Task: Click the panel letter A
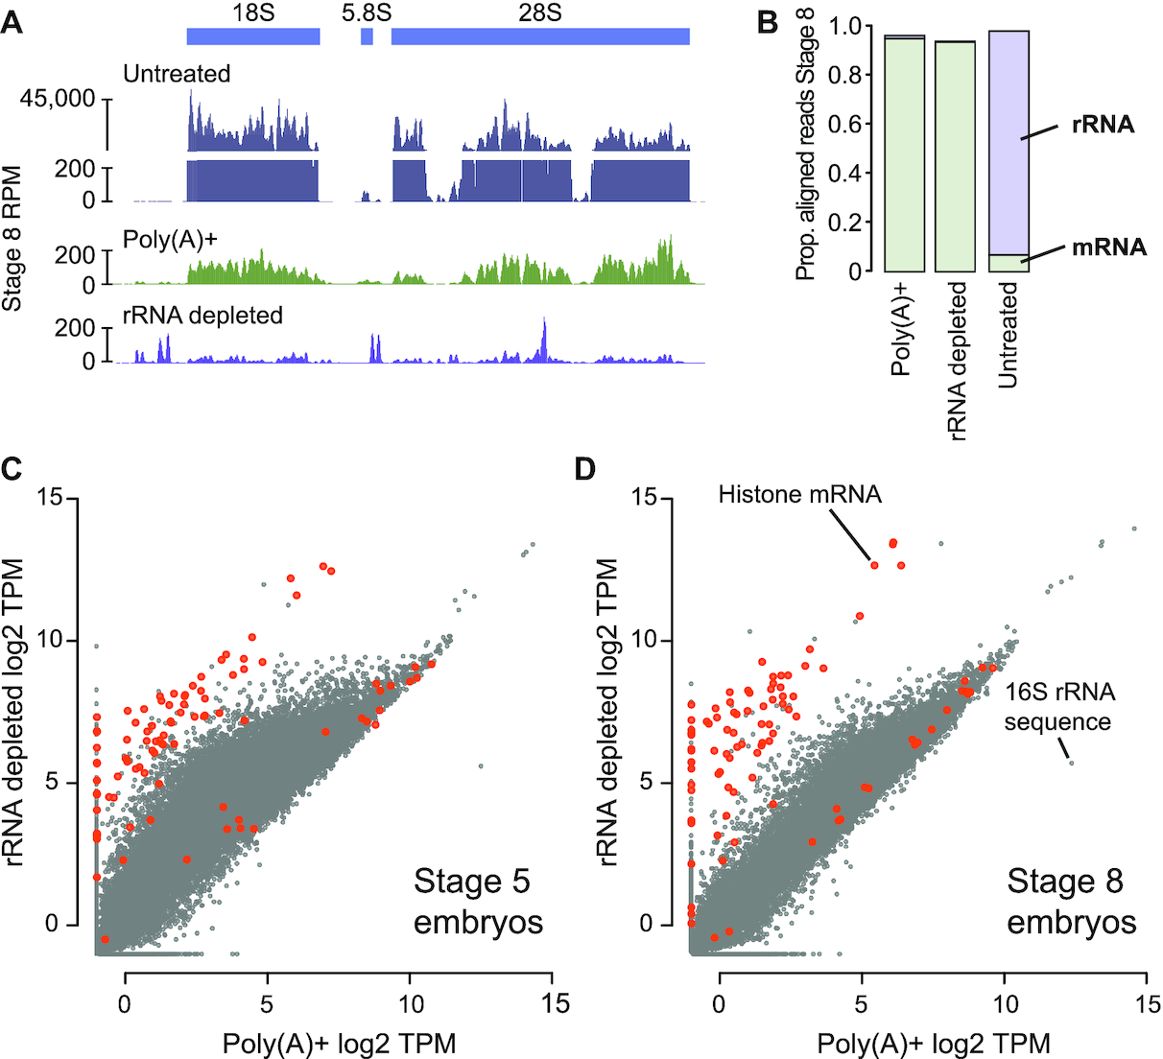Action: (x=12, y=21)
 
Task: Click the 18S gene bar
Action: (x=252, y=36)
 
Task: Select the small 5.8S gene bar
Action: (x=367, y=36)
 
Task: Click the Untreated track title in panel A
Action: (x=177, y=74)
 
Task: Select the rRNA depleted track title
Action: (x=202, y=315)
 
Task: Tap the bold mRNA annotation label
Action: (x=1108, y=247)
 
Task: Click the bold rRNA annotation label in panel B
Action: (x=1104, y=125)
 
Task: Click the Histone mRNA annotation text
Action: (x=799, y=495)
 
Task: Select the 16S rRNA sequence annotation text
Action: (x=1059, y=707)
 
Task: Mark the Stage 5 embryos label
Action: (x=477, y=902)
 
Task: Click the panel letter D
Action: (x=584, y=469)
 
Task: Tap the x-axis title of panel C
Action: (x=339, y=1043)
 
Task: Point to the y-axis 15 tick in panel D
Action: (x=653, y=498)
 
